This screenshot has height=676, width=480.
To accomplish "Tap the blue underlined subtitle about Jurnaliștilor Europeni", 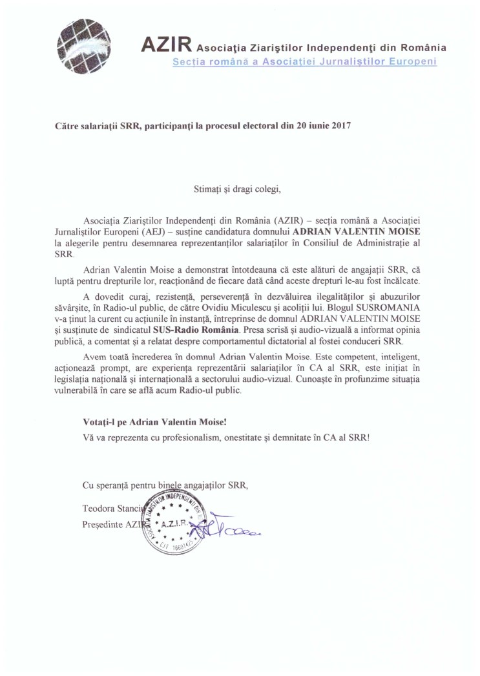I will click(304, 61).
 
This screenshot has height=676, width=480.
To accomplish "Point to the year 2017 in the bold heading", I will click(340, 127).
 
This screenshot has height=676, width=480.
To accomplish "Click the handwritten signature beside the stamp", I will click(236, 533).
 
